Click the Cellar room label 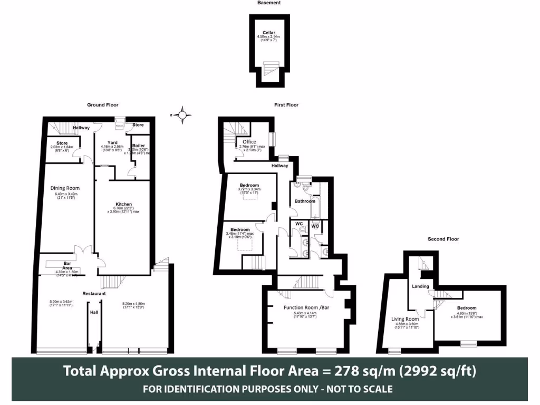(x=269, y=33)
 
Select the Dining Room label (x=65, y=188)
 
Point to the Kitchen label (x=124, y=204)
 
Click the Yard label (x=112, y=142)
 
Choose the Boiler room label (x=139, y=146)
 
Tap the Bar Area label (x=67, y=265)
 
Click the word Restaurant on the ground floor (x=94, y=293)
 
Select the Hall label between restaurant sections (x=94, y=312)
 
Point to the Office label (x=249, y=142)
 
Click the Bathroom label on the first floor (x=305, y=201)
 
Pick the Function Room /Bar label (x=306, y=307)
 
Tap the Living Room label (x=405, y=319)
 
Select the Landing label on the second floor (x=420, y=286)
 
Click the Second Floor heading (x=443, y=239)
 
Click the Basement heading (x=269, y=3)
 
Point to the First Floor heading (x=286, y=105)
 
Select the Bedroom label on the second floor (x=467, y=308)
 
